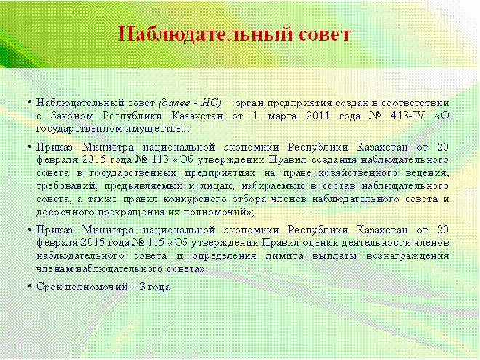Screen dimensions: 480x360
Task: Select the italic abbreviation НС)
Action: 211,103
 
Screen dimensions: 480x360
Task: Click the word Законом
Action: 72,116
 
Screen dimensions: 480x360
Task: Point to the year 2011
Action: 318,116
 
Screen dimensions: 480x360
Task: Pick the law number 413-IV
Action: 407,116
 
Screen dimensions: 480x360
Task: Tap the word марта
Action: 282,116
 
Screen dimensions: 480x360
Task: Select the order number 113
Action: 160,159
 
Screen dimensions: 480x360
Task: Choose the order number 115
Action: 156,242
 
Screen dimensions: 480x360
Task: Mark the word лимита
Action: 284,256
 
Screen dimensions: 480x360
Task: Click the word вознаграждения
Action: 407,256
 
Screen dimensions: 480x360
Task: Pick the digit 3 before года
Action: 143,287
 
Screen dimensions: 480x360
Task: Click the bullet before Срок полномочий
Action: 30,287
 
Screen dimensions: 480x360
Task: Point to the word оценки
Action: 321,243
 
